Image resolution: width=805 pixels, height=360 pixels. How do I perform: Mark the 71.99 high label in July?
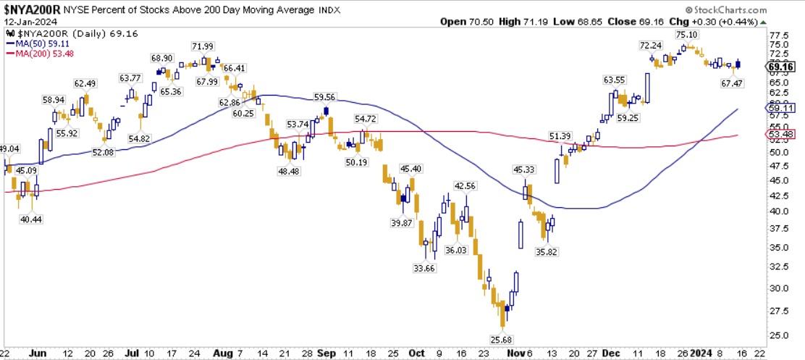pyautogui.click(x=203, y=47)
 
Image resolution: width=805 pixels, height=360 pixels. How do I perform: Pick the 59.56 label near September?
pyautogui.click(x=325, y=97)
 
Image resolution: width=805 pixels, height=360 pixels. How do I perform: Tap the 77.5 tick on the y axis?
pyautogui.click(x=779, y=35)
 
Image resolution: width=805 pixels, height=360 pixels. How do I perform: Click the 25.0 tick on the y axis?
pyautogui.click(x=779, y=336)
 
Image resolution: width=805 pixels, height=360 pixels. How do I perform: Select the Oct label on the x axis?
pyautogui.click(x=416, y=353)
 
